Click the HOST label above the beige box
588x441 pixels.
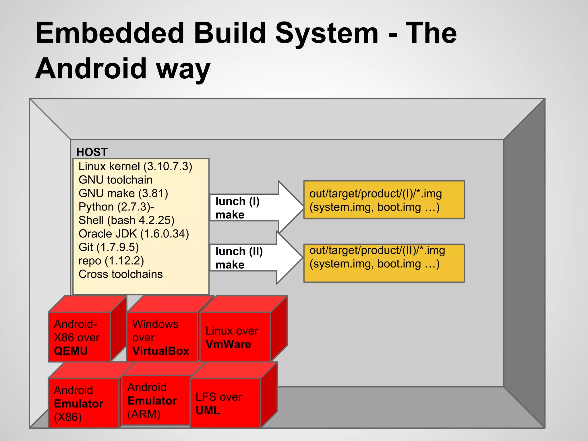92,152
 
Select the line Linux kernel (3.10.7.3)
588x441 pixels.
135,167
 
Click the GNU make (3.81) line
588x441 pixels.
123,193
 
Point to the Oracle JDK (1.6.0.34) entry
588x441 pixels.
134,234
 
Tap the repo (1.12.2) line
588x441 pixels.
111,261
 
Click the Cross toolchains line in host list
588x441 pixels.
121,274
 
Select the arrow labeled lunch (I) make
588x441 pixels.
253,208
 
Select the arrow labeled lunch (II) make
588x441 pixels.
253,258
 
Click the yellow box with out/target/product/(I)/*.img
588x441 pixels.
384,200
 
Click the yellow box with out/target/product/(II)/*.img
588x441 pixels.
384,263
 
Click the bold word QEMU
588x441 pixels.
71,351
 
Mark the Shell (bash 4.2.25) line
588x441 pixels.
126,220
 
